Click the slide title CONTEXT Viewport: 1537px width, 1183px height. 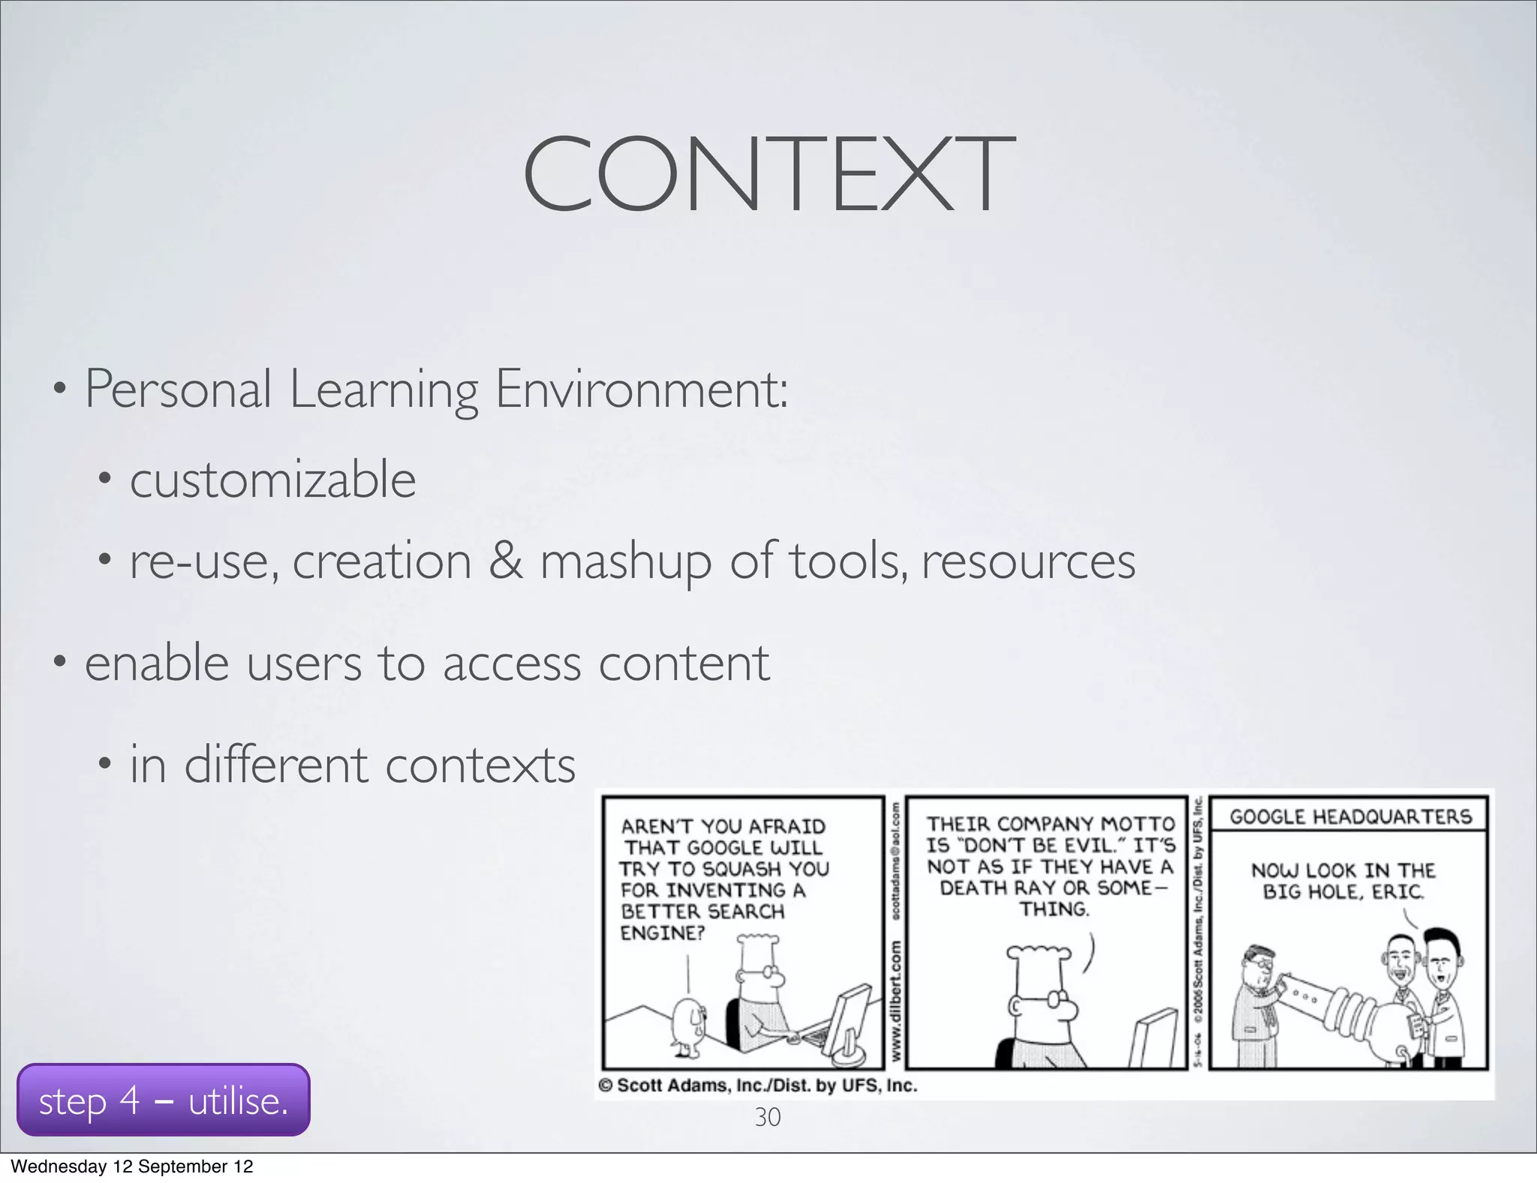(x=768, y=174)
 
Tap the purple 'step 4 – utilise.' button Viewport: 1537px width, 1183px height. (x=163, y=1100)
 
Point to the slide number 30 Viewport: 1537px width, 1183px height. (x=767, y=1117)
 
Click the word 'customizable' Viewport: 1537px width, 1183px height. (x=272, y=480)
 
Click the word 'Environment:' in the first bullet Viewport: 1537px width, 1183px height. (x=642, y=390)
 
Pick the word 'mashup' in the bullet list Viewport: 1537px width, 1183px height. (x=625, y=562)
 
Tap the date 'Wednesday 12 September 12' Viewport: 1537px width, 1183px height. (x=132, y=1166)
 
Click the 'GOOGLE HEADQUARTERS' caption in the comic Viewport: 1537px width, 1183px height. (x=1350, y=817)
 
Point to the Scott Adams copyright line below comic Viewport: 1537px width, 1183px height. (x=758, y=1085)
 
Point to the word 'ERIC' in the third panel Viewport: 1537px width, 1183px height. (x=1398, y=892)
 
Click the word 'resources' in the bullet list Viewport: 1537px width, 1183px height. (x=1028, y=561)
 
